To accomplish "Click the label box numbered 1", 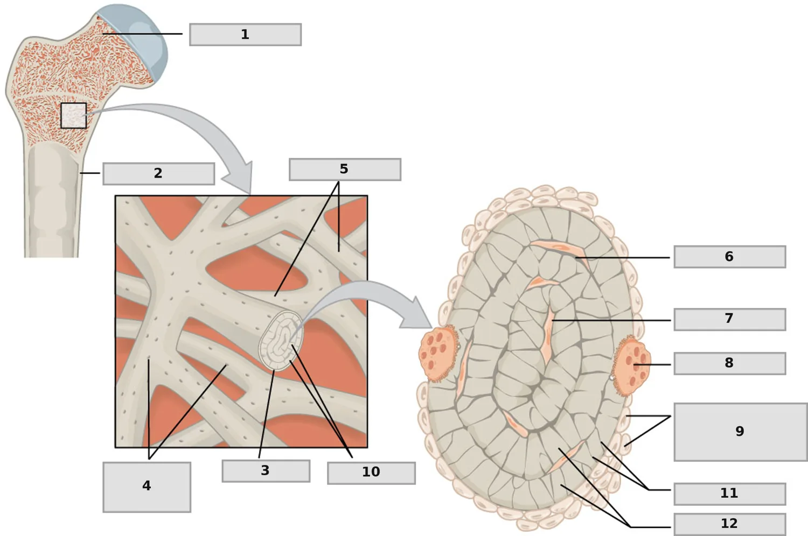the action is coord(245,34).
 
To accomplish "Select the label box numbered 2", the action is coord(159,174).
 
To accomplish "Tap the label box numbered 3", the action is coord(266,471).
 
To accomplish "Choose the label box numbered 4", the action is coord(147,487).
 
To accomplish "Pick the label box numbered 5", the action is coord(345,170).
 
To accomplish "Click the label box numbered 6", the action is coord(730,257).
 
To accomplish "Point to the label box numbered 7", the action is coord(730,319).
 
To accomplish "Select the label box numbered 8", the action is coord(730,363).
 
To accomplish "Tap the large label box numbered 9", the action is coord(741,432).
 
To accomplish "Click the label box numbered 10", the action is coord(371,473).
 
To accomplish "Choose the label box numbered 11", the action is coord(730,494).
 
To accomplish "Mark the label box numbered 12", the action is coord(730,524).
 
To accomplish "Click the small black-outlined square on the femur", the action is coord(74,116).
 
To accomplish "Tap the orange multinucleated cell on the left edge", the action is coord(437,353).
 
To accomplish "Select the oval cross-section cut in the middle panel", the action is coord(281,341).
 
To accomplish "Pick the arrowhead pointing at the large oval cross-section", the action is coord(416,314).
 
